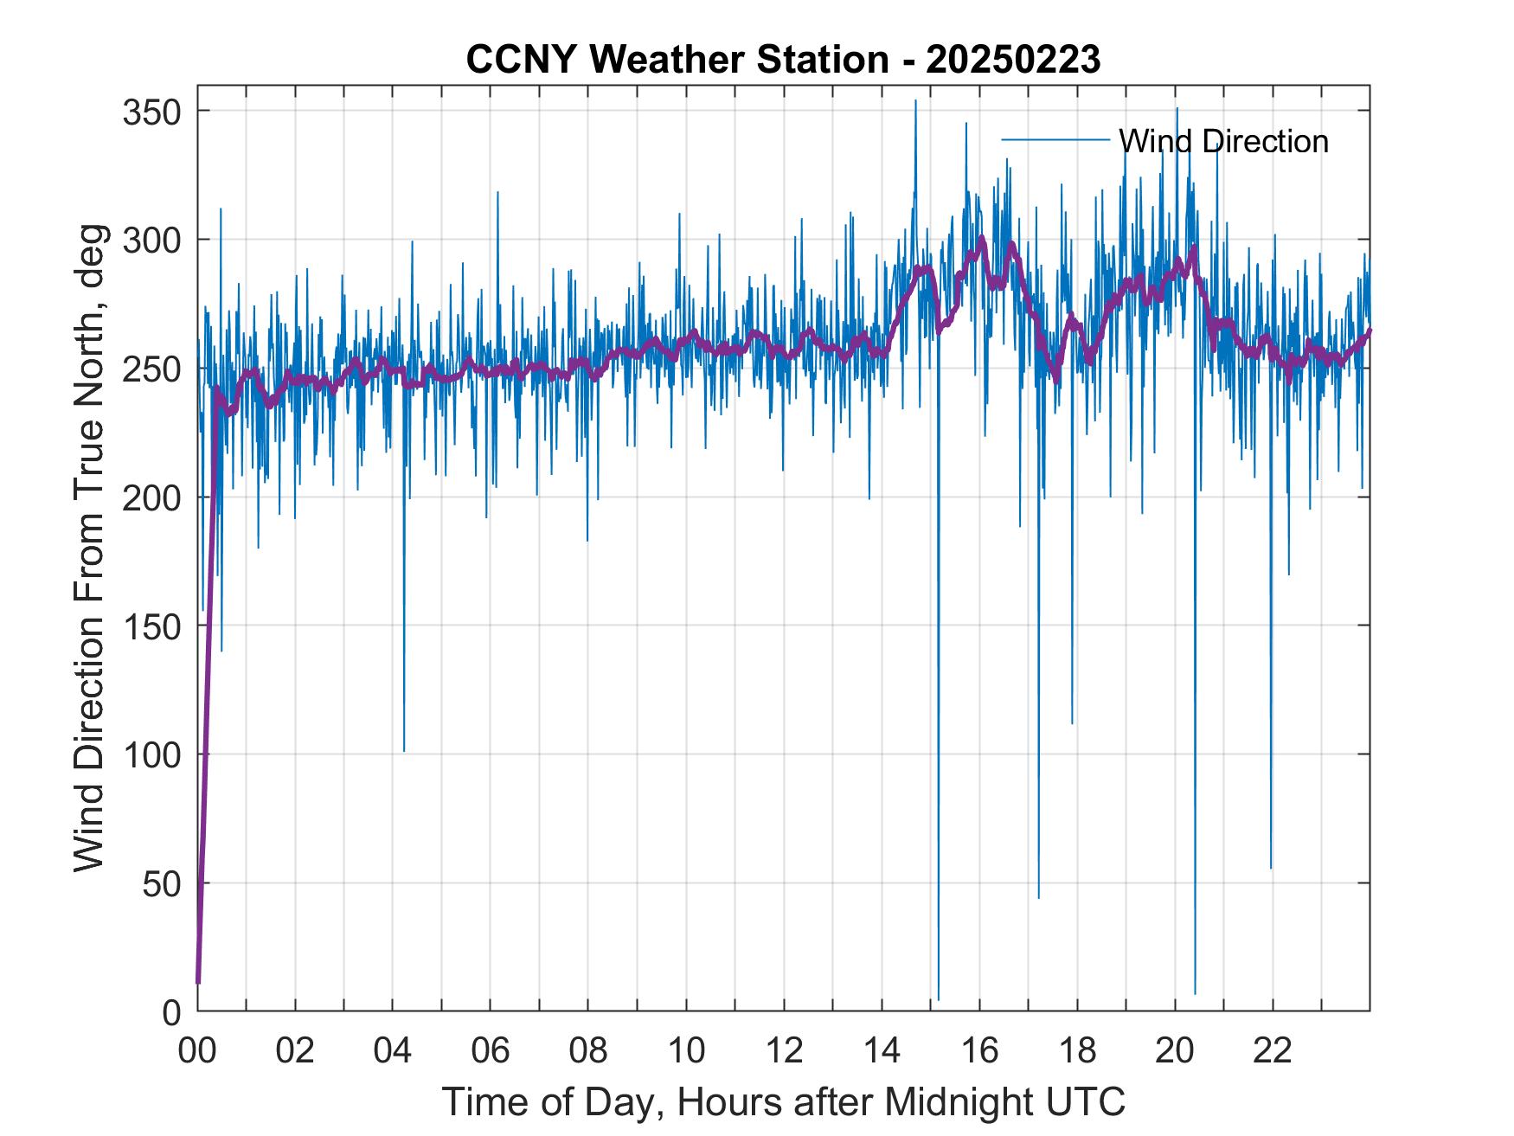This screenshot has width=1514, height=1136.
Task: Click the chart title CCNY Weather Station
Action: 676,61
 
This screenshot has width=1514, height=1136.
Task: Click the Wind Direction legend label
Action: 1223,141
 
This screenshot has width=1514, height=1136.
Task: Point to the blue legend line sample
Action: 1055,139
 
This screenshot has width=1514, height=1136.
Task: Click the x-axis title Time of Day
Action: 784,1102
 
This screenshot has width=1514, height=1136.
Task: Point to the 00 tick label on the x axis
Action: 197,1050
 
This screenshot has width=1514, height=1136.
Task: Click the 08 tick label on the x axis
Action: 587,1050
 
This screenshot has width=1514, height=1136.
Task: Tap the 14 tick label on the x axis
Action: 882,1050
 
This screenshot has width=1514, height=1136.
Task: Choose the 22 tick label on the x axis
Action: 1273,1050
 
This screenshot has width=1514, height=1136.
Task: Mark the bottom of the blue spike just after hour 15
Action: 939,999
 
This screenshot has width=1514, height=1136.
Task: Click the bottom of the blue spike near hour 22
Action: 1271,867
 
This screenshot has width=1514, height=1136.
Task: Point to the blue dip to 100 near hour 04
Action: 404,750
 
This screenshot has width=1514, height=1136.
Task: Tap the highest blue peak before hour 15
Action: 915,101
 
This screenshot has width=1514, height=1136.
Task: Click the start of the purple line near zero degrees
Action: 198,982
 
